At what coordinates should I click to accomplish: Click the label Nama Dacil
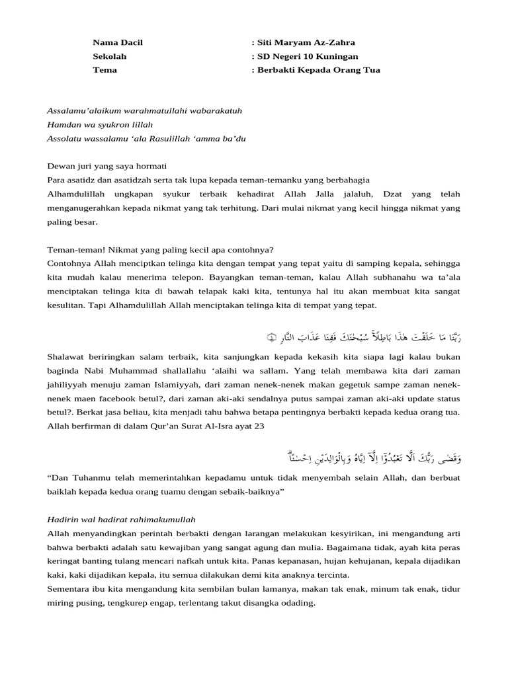coord(117,42)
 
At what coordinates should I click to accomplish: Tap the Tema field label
coord(105,70)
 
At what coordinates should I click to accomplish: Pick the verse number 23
coord(259,426)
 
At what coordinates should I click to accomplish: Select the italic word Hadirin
coord(64,519)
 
